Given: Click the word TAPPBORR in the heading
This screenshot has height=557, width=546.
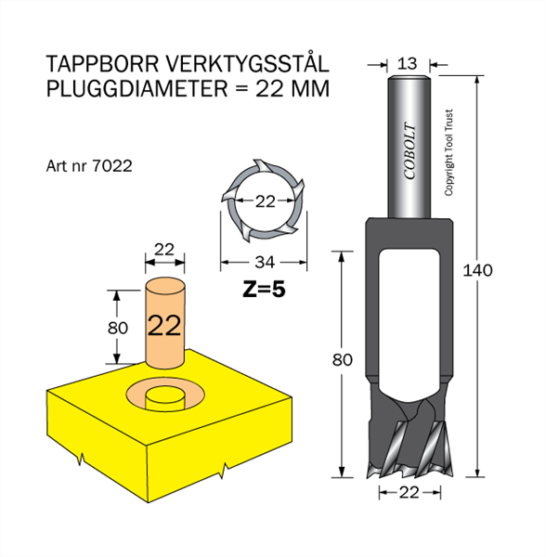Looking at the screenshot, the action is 102,64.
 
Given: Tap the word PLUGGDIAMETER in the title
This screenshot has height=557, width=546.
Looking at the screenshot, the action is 136,88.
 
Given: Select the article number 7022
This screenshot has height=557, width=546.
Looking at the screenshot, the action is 111,166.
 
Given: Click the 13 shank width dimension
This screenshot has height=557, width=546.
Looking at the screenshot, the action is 407,64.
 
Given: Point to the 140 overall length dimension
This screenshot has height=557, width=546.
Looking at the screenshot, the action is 477,271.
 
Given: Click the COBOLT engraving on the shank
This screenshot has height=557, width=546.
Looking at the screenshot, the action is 409,151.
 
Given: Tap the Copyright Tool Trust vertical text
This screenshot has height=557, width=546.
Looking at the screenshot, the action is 449,152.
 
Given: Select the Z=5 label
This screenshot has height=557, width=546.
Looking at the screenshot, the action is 264,290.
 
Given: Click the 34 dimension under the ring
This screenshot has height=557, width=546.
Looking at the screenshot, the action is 265,263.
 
